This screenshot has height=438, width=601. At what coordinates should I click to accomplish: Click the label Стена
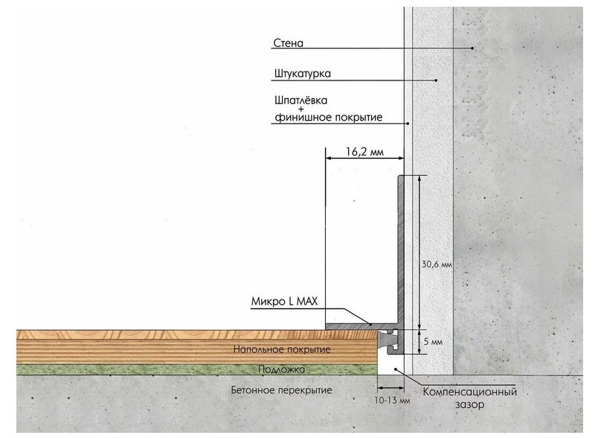[287, 43]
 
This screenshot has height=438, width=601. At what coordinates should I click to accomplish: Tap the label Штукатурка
[301, 74]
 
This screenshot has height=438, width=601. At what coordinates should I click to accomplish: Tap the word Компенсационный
[469, 393]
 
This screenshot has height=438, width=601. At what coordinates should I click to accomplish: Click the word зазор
[469, 406]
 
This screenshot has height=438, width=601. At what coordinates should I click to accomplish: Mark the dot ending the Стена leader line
[472, 48]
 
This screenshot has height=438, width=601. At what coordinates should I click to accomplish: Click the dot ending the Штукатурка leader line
[437, 80]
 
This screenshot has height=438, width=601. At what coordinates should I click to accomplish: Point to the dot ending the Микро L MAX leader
[370, 323]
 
